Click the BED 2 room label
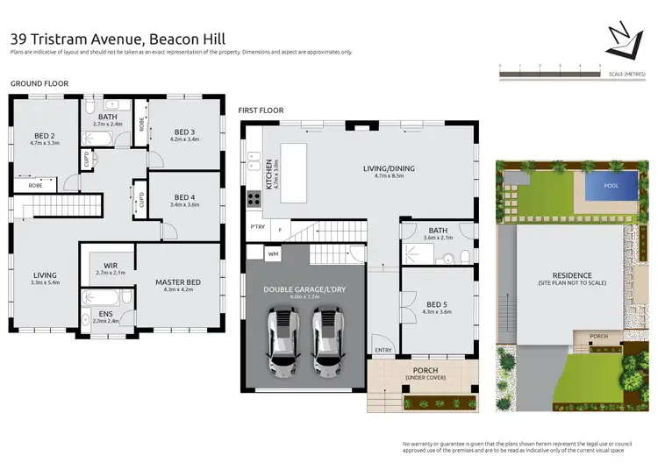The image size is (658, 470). (x=46, y=135)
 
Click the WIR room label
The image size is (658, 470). (x=110, y=264)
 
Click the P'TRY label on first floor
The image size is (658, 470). (x=257, y=227)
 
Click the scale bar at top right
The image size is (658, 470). (x=549, y=75)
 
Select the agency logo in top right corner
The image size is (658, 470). (x=625, y=36)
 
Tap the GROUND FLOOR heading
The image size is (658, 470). (x=39, y=83)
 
